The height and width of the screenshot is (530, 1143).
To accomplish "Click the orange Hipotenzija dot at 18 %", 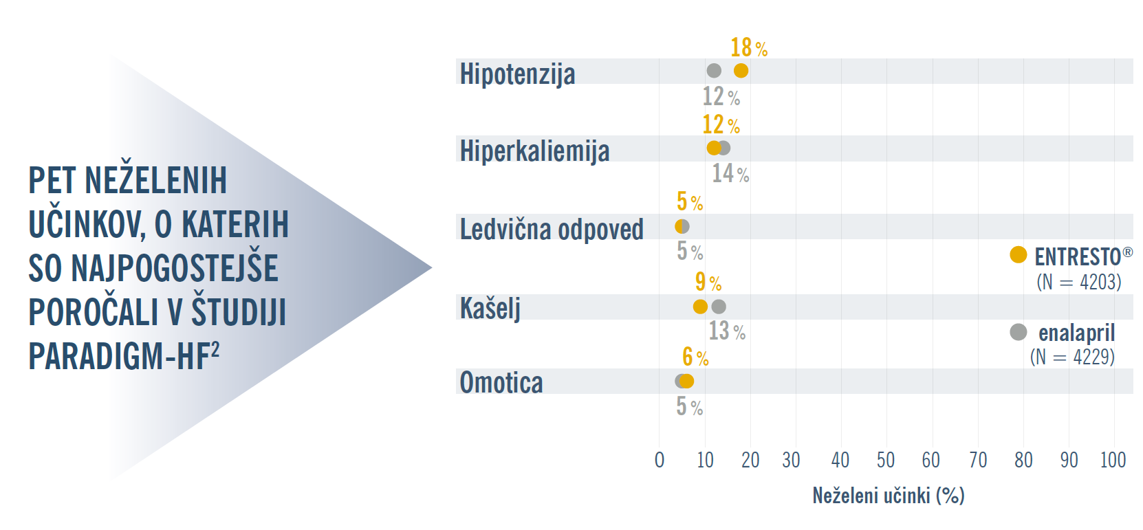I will point(741,71).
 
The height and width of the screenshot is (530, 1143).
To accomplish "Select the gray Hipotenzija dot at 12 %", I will point(714,71).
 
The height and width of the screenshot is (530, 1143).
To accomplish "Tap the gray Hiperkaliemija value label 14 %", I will point(730,173).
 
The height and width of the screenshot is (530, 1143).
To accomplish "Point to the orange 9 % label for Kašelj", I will point(708,282).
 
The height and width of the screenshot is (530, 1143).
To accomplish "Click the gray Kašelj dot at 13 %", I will point(719,307).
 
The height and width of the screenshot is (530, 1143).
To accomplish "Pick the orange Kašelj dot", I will point(700,307).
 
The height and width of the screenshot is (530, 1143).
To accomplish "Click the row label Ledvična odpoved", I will point(552,230).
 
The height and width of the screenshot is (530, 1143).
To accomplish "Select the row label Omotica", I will point(501,383).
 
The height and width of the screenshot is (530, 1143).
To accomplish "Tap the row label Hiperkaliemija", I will point(534,151).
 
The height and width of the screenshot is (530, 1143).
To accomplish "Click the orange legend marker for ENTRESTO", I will point(1018,255).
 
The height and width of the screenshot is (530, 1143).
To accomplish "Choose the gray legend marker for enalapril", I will point(1018,332).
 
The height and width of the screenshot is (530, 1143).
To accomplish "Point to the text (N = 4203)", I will point(1078,282).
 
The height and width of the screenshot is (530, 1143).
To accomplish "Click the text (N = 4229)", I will point(1072,357).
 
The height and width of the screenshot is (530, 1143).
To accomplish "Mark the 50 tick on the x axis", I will point(886,460).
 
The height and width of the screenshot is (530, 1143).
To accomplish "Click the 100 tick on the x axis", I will point(1113,460).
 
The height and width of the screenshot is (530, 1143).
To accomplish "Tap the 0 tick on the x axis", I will point(660,460).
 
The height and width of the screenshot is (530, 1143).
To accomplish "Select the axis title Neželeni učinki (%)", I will point(888,496).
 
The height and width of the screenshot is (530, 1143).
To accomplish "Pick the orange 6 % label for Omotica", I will point(695,357).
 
